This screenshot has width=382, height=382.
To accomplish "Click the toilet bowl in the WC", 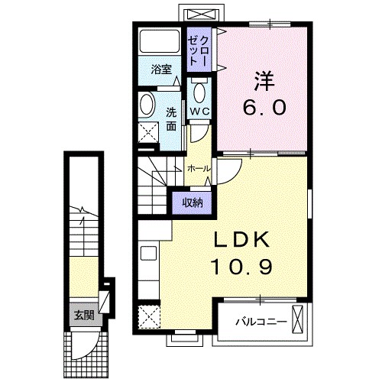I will [200, 93].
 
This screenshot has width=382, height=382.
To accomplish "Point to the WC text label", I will [200, 111].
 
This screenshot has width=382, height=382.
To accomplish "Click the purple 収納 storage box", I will [193, 202].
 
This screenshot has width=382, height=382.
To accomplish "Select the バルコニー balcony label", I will [260, 322].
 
